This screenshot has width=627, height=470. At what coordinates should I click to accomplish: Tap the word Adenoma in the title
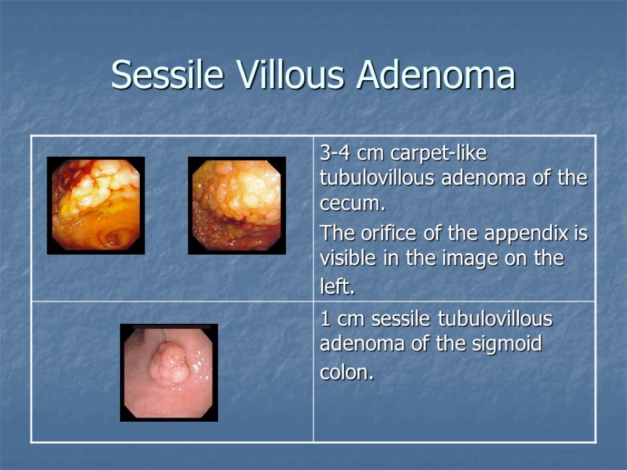coord(437,75)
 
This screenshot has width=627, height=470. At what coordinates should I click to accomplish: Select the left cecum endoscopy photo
coord(96,205)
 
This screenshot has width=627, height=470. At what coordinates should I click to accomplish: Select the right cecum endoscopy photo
coord(237,205)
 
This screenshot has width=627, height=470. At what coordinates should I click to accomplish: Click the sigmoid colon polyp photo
coord(169,372)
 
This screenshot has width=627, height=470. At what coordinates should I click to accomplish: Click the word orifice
coord(388,234)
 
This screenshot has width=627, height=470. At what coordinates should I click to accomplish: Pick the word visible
coord(350,259)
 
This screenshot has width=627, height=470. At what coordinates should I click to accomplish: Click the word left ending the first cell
coord(336,286)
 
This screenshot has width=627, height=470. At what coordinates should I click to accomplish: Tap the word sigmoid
coord(506,345)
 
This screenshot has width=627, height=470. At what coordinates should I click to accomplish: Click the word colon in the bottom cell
coord(345,373)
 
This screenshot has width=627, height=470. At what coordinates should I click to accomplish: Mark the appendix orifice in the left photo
coord(113,236)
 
